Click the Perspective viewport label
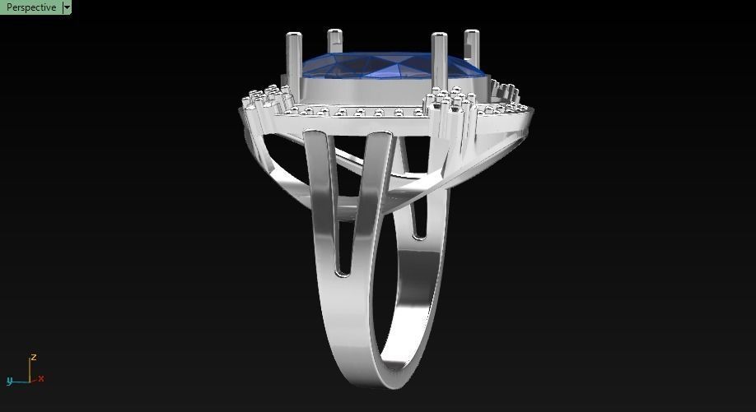coord(30,7)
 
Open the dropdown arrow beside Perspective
coord(67,7)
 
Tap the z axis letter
coord(34,358)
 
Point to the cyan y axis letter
coord(10,381)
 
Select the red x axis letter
coord(41,378)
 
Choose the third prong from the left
coord(439,58)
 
